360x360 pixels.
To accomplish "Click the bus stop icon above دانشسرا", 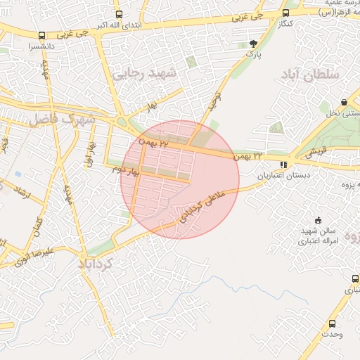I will click(42, 35).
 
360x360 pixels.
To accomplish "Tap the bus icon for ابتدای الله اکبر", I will click(118, 14).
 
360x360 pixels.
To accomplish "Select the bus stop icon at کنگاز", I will click(285, 13).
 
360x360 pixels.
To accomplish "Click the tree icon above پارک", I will click(253, 45).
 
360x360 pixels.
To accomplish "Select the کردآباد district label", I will click(101, 263).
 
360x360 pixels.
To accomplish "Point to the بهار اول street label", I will click(90, 154).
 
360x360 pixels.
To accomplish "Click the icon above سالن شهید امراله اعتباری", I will click(318, 220).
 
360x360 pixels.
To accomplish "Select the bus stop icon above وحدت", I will click(332, 323).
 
